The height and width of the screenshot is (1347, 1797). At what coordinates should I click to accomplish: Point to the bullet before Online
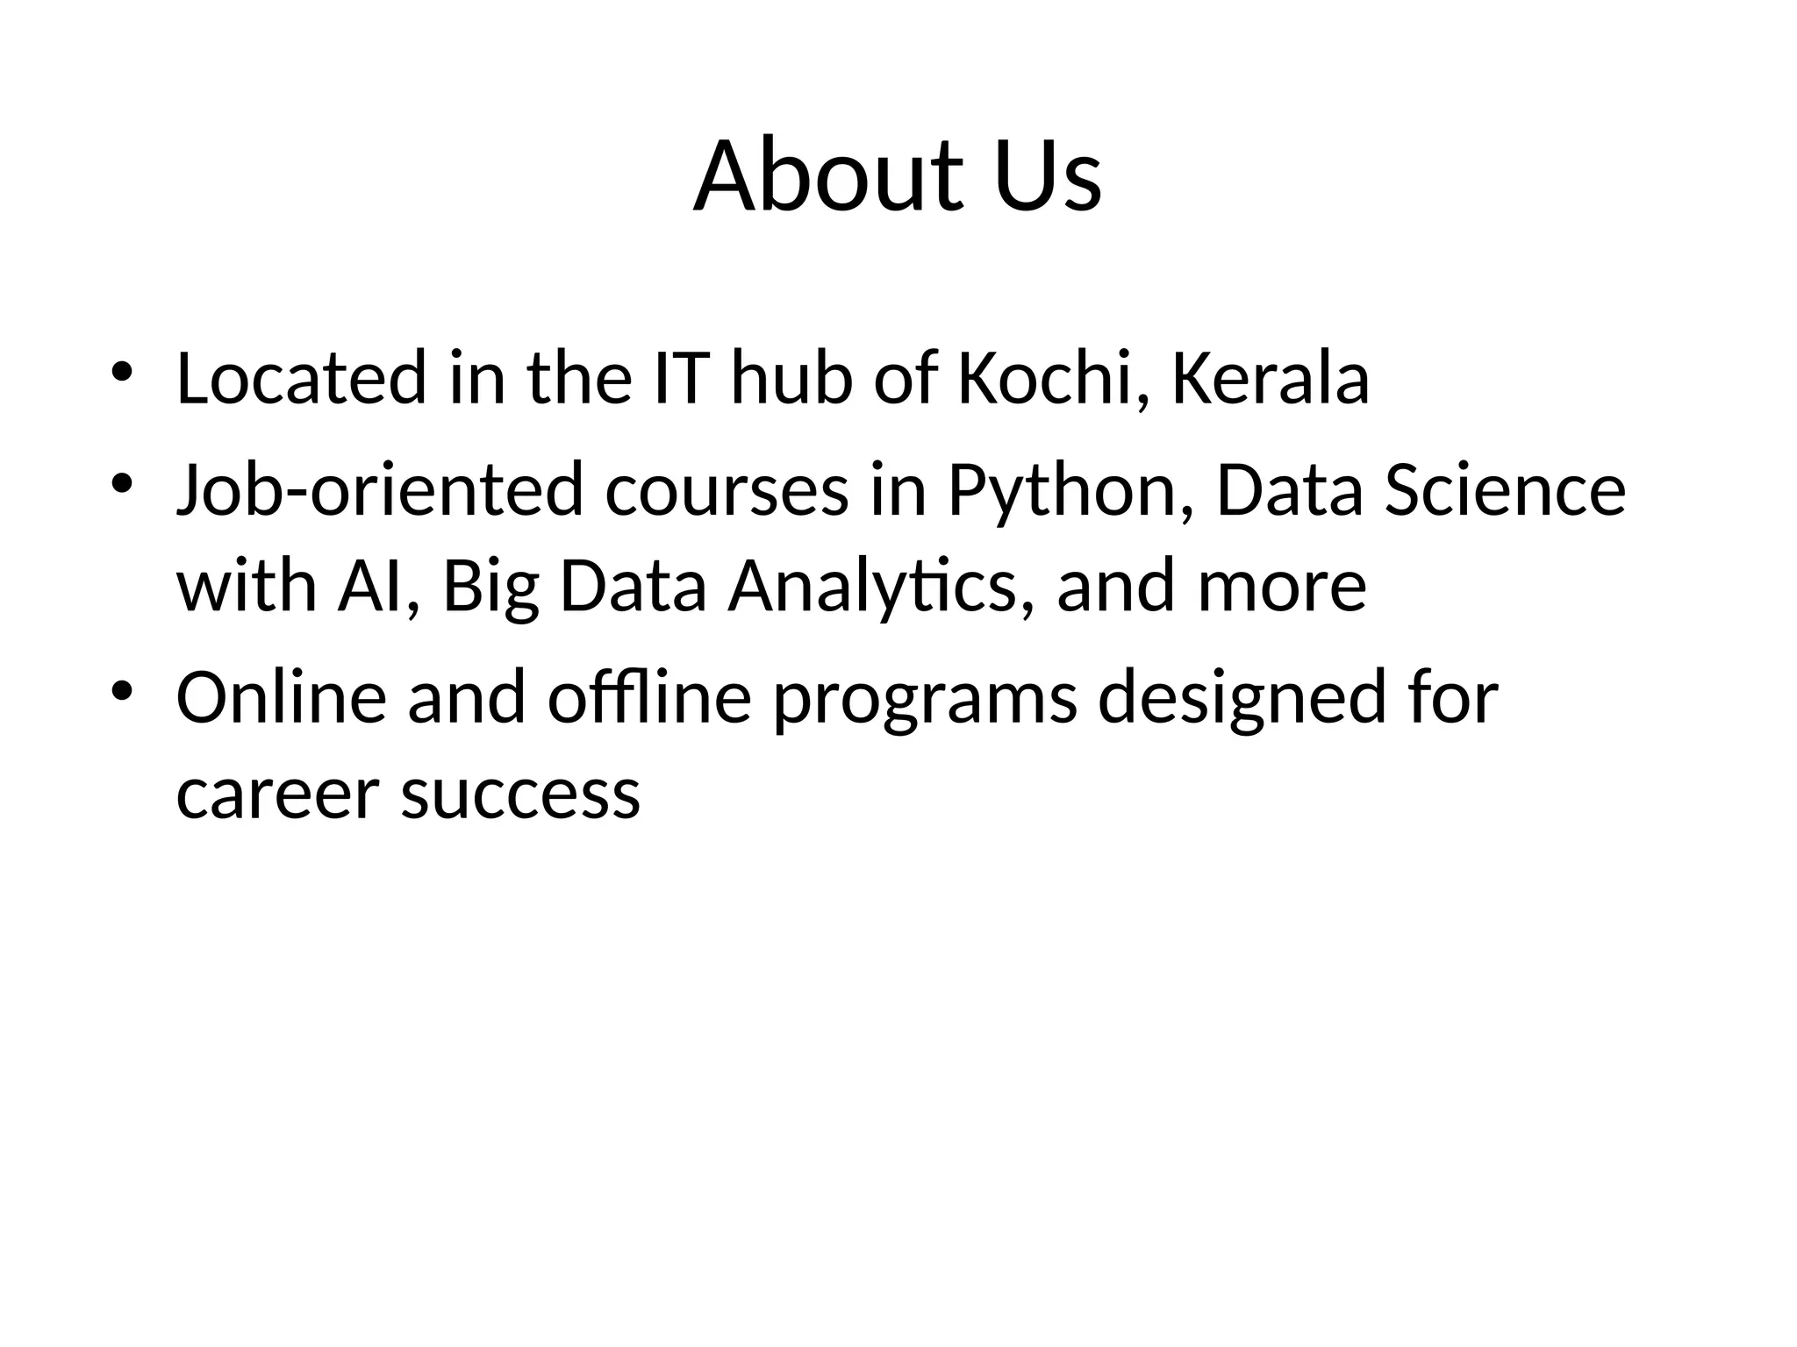pos(121,690)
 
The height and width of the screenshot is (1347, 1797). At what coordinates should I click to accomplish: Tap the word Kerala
pos(1271,379)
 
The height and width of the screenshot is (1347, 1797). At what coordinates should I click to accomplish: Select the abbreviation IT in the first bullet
pos(681,379)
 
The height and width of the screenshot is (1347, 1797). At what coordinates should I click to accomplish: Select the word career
pos(277,795)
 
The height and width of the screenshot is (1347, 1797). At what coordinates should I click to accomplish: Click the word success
pos(521,795)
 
